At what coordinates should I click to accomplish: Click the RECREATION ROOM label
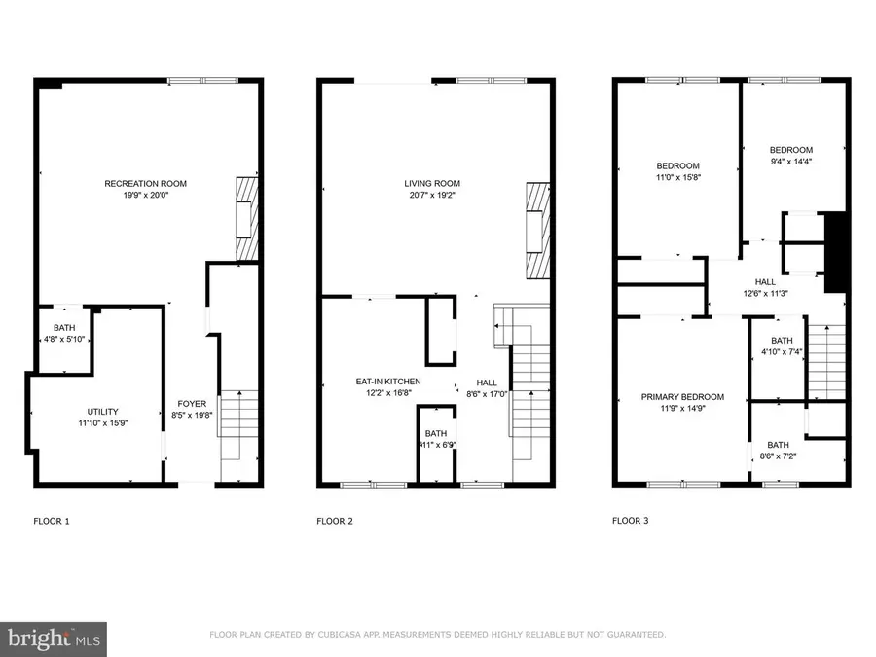[x=146, y=183]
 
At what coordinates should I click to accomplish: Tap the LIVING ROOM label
[x=432, y=183]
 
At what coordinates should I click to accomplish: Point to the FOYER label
[x=191, y=403]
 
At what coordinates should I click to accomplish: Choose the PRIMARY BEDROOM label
[x=682, y=397]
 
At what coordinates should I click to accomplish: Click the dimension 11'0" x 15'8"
[x=677, y=177]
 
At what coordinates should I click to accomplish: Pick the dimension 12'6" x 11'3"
[x=764, y=293]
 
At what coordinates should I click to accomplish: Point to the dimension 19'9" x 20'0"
[x=146, y=195]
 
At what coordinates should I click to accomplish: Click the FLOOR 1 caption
[x=52, y=521]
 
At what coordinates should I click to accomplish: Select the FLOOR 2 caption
[x=335, y=521]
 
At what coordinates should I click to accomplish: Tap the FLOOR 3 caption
[x=630, y=521]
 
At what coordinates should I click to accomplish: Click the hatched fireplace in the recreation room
[x=248, y=218]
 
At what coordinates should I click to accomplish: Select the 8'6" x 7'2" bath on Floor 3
[x=778, y=450]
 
